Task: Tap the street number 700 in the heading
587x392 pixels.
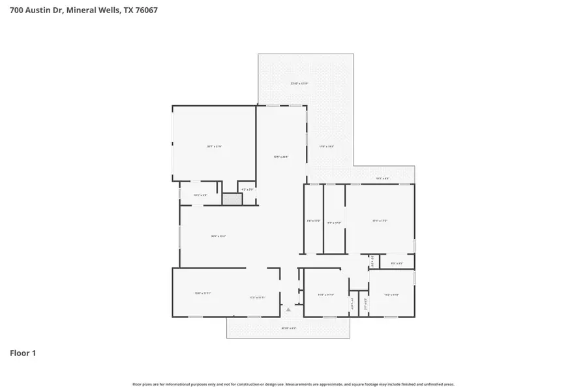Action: coord(18,10)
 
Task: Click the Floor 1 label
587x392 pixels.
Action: coord(23,353)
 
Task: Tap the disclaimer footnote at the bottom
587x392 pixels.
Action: coord(293,384)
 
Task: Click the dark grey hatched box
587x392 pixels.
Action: coord(232,199)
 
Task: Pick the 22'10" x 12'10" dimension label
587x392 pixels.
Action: coord(299,84)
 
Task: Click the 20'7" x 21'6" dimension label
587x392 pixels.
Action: coord(215,146)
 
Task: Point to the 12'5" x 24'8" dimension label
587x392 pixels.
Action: coord(280,157)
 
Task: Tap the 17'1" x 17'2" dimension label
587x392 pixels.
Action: coord(380,221)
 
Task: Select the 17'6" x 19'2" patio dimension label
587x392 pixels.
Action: coord(326,146)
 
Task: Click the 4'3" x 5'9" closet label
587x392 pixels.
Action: coord(247,189)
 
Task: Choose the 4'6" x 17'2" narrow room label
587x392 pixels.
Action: coord(314,221)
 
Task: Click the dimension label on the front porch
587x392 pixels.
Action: coord(288,328)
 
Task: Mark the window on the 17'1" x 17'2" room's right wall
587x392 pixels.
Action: coord(415,246)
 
